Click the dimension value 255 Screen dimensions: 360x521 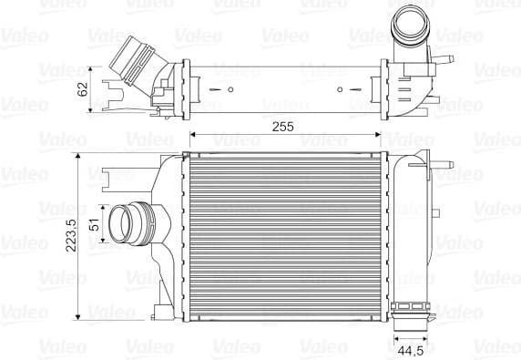click(x=282, y=127)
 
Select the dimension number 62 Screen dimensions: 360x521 click(x=84, y=89)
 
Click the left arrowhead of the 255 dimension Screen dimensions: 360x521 click(x=191, y=136)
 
